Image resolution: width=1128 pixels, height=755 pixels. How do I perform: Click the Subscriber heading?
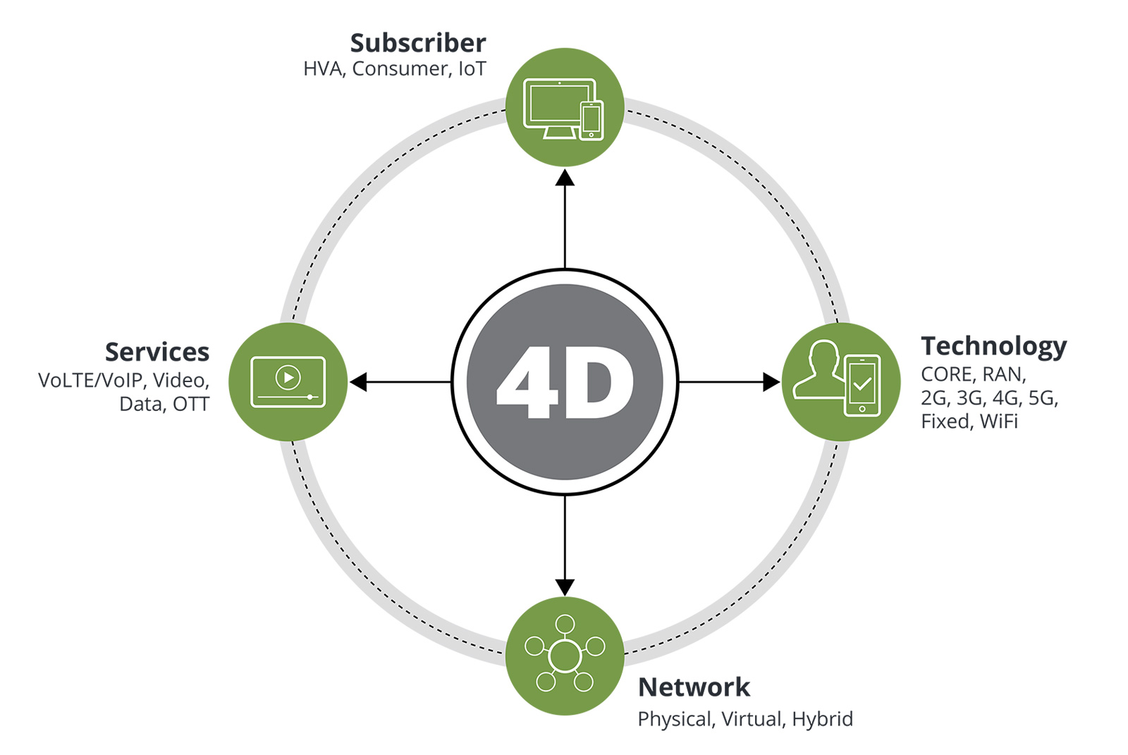click(x=418, y=43)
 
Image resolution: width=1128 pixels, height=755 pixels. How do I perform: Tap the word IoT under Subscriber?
click(x=472, y=69)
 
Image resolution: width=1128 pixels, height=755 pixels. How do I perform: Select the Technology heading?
click(x=993, y=346)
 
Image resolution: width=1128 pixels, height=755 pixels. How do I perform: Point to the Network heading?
click(x=694, y=687)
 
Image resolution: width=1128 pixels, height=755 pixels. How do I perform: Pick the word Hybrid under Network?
click(x=822, y=719)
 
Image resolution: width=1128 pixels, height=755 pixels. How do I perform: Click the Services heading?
click(x=157, y=352)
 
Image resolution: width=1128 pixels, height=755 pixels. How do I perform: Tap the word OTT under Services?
click(x=191, y=405)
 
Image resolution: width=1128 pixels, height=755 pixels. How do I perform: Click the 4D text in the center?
click(x=565, y=383)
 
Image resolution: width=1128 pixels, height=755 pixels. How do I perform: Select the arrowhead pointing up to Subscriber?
click(x=565, y=177)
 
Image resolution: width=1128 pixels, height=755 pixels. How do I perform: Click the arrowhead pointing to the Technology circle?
click(x=771, y=382)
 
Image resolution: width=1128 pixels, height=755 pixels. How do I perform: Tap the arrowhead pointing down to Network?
click(x=565, y=587)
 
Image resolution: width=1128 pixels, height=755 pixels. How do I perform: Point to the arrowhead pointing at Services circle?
click(x=359, y=382)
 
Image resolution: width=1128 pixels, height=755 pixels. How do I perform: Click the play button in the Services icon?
click(x=288, y=378)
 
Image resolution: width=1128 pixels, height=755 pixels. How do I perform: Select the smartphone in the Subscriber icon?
click(x=591, y=121)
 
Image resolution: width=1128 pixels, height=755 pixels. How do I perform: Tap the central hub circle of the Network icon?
click(x=565, y=656)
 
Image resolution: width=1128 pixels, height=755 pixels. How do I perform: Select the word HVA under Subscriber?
click(x=324, y=69)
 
